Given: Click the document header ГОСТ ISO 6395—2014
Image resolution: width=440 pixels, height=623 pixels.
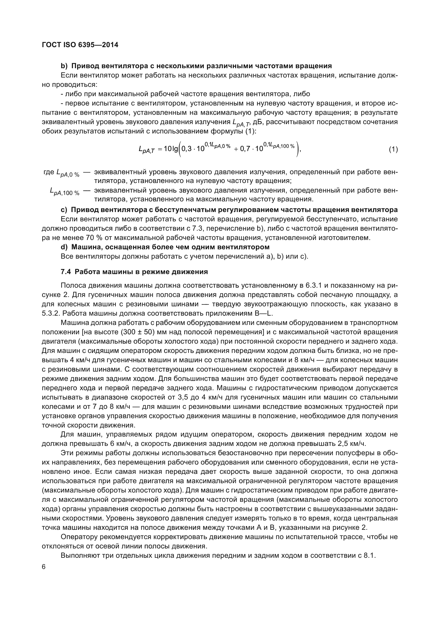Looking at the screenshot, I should (80, 45).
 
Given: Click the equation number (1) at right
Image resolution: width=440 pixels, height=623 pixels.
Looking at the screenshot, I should (393, 149).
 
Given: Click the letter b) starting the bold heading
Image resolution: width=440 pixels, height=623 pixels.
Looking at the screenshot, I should (64, 66).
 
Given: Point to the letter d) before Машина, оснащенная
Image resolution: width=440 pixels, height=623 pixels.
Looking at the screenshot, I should (64, 247).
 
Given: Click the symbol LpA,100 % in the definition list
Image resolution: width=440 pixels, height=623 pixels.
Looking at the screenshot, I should (65, 192).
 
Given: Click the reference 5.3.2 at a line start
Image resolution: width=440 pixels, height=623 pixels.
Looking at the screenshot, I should (50, 313).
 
